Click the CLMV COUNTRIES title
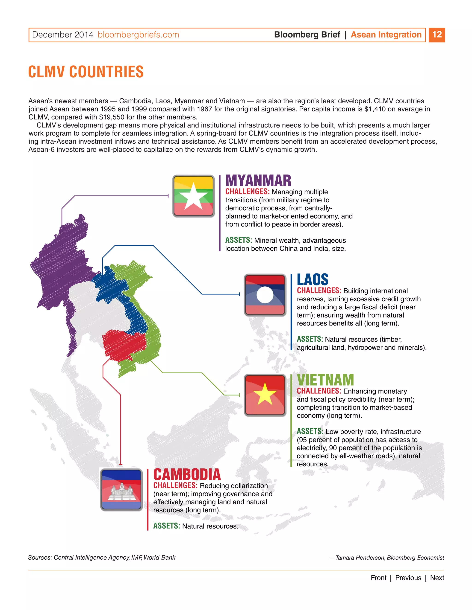[86, 72]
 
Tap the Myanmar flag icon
[194, 196]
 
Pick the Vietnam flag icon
[265, 395]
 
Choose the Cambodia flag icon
[121, 490]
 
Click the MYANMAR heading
[258, 181]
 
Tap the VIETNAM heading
[325, 380]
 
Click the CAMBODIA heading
[187, 475]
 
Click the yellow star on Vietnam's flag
[265, 394]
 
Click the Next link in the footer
[437, 578]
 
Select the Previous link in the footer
[408, 578]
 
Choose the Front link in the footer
[378, 578]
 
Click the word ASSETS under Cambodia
[166, 526]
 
